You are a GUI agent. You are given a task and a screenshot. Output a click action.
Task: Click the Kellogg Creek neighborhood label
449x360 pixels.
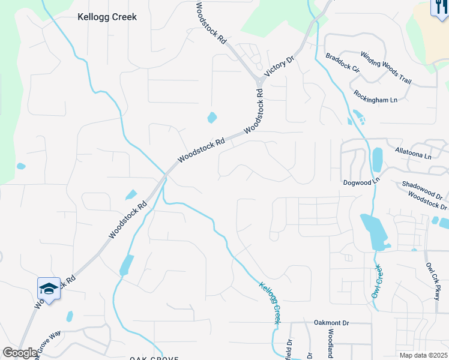[107, 17]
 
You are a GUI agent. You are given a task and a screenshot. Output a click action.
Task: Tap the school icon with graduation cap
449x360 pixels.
[49, 289]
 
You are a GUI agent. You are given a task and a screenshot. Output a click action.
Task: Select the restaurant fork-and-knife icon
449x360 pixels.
[439, 8]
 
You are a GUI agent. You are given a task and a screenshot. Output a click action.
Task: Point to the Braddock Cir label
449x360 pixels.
[342, 63]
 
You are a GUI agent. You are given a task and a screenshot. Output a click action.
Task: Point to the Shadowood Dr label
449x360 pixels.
[423, 189]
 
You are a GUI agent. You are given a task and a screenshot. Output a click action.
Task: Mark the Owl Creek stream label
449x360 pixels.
[377, 281]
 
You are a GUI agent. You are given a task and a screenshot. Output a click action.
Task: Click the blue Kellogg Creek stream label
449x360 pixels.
[270, 303]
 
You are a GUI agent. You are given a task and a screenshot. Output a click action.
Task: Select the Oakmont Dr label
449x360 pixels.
[331, 322]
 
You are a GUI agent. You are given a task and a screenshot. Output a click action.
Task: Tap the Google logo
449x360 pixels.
[20, 353]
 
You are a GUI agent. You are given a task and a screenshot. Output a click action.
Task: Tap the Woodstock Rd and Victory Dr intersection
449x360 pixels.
[259, 80]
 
